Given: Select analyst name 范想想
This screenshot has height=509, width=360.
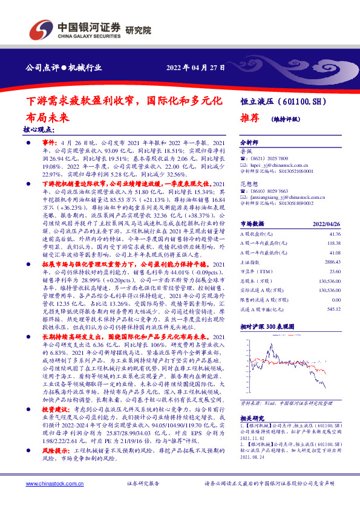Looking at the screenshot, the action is point(249,183).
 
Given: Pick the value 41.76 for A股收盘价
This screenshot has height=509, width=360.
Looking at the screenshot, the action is point(335,233).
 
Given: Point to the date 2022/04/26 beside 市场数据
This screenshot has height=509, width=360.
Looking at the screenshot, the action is point(330,222).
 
